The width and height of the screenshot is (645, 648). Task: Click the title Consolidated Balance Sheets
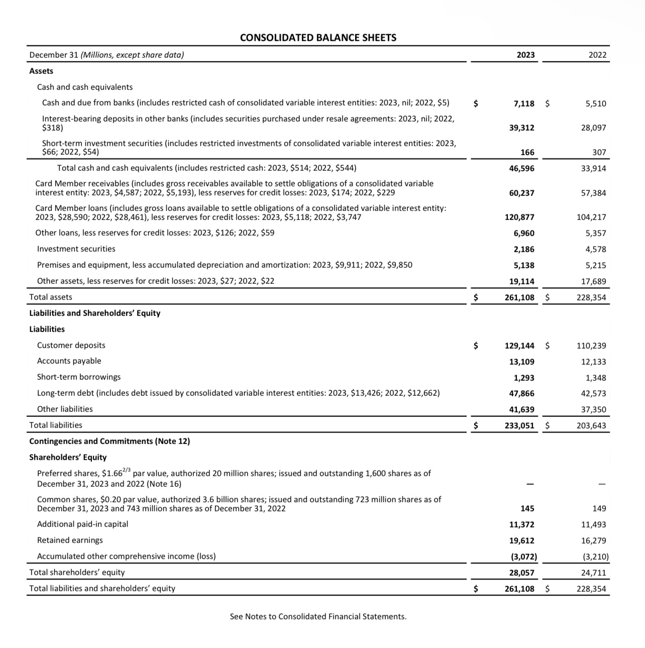tap(318, 38)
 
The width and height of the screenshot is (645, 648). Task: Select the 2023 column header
tap(525, 55)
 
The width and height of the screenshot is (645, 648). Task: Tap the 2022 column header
tap(597, 55)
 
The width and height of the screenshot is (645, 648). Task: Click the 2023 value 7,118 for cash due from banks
tap(524, 103)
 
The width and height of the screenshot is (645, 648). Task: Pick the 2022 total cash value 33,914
tap(593, 168)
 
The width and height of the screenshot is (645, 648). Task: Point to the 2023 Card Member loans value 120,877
tap(519, 217)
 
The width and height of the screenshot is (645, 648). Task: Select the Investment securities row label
tap(76, 249)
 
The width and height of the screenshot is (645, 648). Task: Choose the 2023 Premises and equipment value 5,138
tap(524, 265)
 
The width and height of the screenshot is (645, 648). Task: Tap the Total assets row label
tap(51, 297)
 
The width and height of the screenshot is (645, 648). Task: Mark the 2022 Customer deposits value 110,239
tap(591, 346)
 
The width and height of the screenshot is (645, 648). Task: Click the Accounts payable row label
tap(69, 361)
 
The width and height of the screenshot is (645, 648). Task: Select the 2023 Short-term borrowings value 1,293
tap(524, 378)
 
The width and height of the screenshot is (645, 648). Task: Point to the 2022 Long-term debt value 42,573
tap(593, 393)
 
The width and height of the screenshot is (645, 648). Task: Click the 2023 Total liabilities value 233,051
tap(519, 425)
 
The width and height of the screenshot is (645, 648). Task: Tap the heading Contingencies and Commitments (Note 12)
tap(110, 441)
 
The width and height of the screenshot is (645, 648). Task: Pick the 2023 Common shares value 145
tap(527, 508)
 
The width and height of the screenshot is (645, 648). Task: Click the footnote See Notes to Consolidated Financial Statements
tap(318, 616)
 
